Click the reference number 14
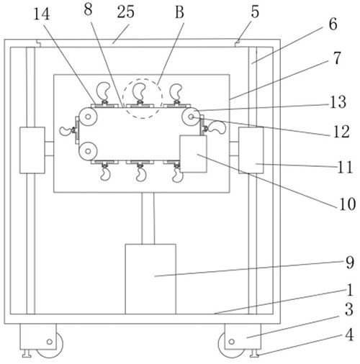pos(42,14)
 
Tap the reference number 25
pos(125,12)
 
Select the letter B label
pos(179,12)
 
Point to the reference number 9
pos(350,263)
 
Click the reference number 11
pos(345,167)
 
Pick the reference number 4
pos(349,335)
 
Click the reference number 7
pos(337,58)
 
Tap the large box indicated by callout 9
pos(150,279)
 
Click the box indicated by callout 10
pos(193,154)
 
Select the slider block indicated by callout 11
pos(251,150)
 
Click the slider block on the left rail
pos(32,150)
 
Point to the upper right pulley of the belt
pos(191,117)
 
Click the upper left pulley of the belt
pos(88,117)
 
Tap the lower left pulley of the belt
pos(88,151)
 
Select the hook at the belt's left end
pos(66,131)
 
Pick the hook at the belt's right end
pos(216,128)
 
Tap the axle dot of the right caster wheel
pos(232,341)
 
